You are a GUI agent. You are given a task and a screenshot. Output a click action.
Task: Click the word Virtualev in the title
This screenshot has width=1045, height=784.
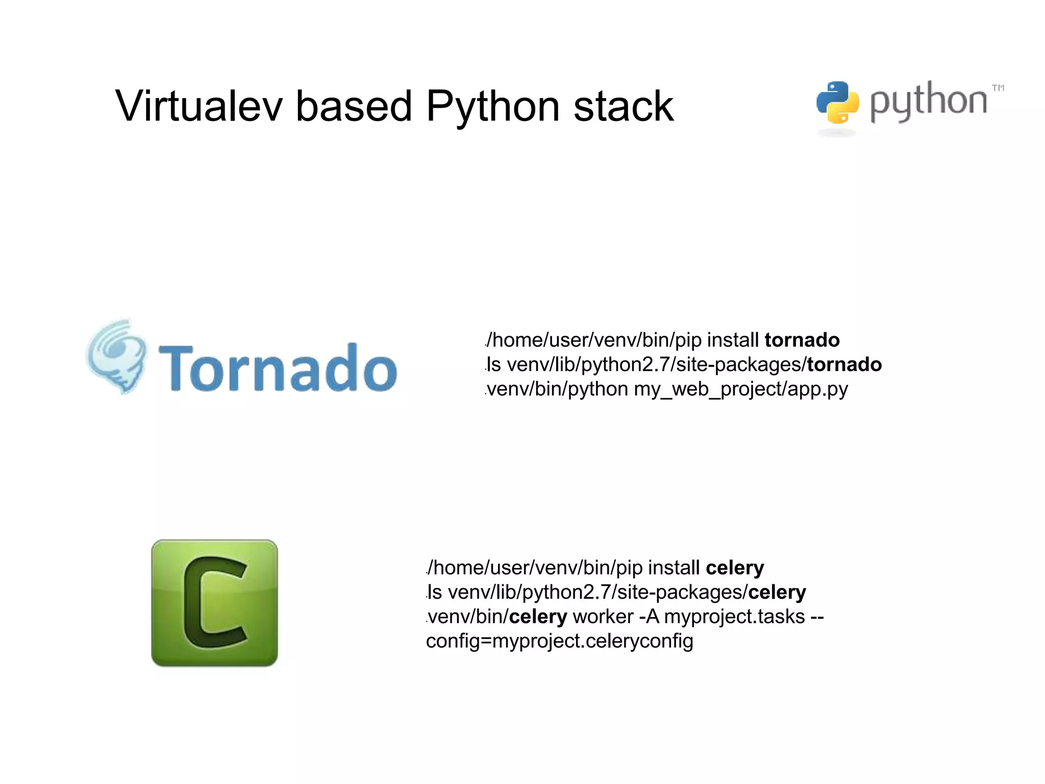[x=199, y=106]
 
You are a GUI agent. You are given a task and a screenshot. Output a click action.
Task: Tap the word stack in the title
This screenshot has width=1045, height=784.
[x=624, y=106]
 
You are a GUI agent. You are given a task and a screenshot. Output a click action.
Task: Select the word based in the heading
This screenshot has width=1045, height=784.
[x=354, y=106]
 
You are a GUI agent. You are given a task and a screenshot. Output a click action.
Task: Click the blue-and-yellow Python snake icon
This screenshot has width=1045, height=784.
[x=837, y=103]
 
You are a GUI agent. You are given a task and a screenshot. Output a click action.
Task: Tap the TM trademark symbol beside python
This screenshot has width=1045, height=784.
[x=998, y=88]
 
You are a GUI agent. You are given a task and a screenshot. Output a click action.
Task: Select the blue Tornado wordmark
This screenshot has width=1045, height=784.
[x=278, y=367]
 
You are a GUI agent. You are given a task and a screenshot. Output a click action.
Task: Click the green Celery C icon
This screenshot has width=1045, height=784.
[x=214, y=603]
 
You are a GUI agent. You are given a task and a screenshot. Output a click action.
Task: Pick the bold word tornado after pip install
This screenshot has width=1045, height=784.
[x=802, y=340]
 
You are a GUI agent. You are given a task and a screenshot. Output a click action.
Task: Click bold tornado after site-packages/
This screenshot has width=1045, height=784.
[x=844, y=364]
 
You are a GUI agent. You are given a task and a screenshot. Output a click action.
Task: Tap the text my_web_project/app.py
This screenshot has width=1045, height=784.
[x=741, y=389]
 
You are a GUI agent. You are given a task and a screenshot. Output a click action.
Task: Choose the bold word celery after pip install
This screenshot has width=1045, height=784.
[x=735, y=568]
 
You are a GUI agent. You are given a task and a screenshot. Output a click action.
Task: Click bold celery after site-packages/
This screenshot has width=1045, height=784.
[x=777, y=592]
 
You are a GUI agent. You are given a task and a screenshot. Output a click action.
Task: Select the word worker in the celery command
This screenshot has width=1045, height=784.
[x=603, y=617]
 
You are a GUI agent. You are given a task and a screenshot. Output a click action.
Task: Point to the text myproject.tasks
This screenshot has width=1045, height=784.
[x=734, y=617]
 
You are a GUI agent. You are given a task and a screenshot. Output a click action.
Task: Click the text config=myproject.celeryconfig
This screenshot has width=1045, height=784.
[x=560, y=641]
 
